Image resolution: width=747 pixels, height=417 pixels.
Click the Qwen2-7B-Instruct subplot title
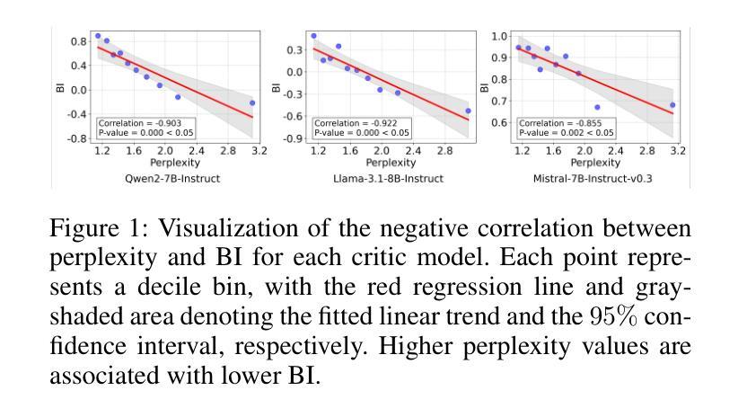point(171,179)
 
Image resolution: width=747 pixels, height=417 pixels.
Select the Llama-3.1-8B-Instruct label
point(388,179)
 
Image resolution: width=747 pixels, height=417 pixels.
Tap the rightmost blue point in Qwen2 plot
point(252,102)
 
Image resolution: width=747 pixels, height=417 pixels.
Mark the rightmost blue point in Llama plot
point(468,111)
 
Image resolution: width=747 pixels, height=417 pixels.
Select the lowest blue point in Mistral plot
point(597,108)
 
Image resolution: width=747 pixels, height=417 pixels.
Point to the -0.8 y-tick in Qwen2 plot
point(79,139)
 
